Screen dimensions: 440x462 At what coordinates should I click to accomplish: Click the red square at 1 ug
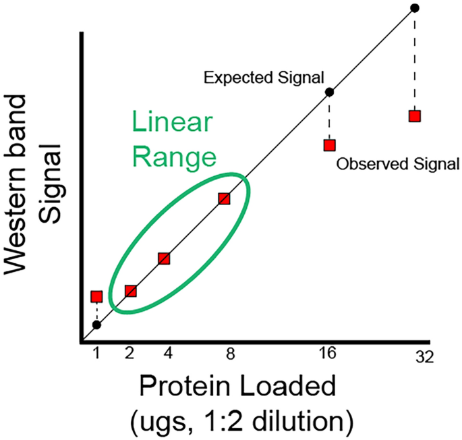click(96, 296)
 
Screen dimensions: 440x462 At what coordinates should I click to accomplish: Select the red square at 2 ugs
click(131, 291)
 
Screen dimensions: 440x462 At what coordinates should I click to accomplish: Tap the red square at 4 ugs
click(164, 258)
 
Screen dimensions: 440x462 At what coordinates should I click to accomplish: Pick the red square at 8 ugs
click(224, 198)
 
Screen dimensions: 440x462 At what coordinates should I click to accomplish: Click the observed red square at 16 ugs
click(329, 145)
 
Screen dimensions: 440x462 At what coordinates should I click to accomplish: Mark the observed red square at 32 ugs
click(415, 116)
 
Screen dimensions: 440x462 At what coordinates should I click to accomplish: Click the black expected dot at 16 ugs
click(330, 92)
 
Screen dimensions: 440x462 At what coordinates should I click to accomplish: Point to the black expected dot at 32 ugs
click(415, 7)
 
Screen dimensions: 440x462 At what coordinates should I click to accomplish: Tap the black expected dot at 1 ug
click(96, 325)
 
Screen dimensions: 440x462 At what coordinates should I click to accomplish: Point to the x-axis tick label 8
click(230, 352)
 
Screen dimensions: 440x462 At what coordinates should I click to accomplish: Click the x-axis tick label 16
click(328, 352)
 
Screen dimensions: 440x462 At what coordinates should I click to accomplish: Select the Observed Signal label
click(397, 163)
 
